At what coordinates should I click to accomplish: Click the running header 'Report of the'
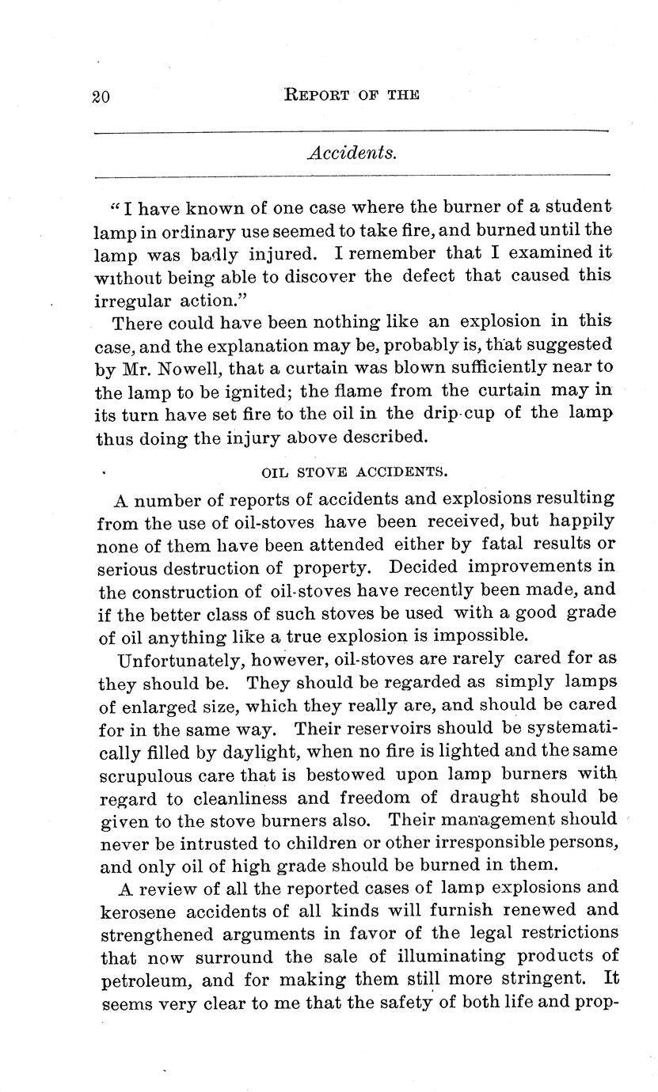(352, 95)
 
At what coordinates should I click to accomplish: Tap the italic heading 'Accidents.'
(352, 152)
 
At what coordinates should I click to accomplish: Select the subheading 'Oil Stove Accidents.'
(354, 472)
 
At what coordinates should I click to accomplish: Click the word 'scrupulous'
(146, 773)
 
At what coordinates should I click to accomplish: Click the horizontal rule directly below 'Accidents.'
(352, 174)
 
